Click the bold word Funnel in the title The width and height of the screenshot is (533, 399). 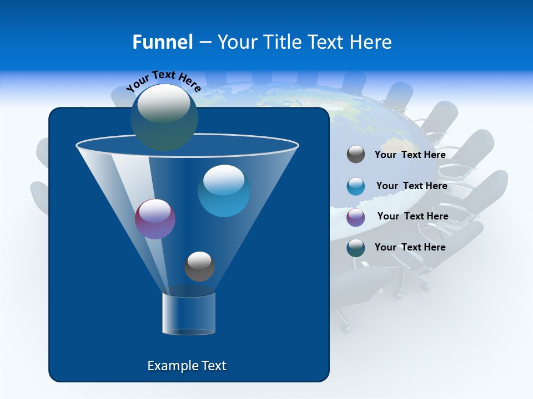(162, 42)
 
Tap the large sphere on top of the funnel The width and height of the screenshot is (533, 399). (164, 117)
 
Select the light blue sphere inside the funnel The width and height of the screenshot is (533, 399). (224, 191)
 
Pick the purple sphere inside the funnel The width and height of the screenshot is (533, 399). (155, 219)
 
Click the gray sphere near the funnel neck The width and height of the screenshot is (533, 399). (199, 266)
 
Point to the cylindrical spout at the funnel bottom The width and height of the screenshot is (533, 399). (189, 313)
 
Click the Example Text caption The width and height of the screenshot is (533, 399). (187, 366)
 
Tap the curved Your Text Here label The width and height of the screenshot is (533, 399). (163, 80)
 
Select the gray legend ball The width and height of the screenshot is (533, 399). (356, 155)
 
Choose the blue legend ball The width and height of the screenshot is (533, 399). (356, 186)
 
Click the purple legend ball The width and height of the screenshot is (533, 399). (356, 217)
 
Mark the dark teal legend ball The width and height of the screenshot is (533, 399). (356, 248)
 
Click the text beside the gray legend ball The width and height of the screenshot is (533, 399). (410, 155)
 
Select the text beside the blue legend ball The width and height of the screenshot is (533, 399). (411, 186)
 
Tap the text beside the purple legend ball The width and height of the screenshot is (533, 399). (413, 216)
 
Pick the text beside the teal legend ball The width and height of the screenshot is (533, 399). (410, 247)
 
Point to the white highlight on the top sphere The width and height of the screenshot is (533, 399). (164, 103)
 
